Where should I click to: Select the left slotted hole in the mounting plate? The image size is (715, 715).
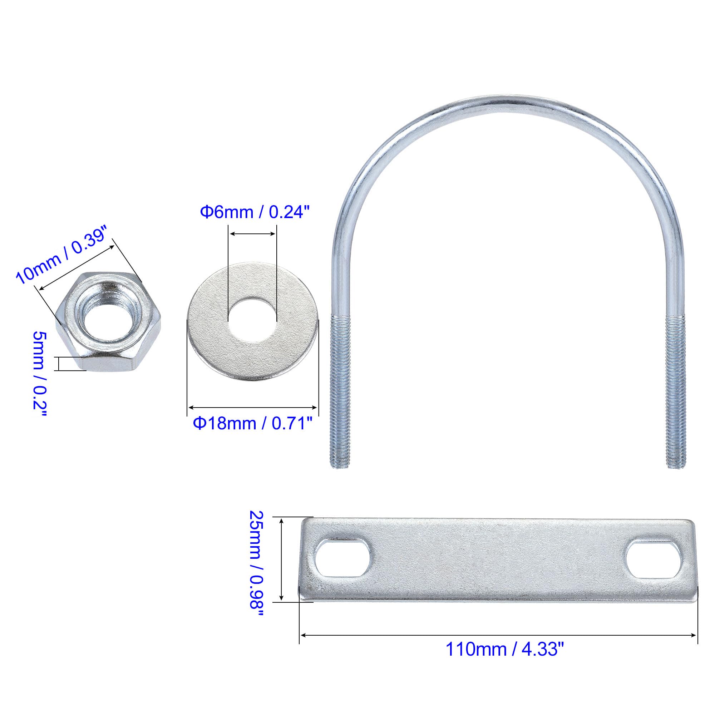pos(343,563)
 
